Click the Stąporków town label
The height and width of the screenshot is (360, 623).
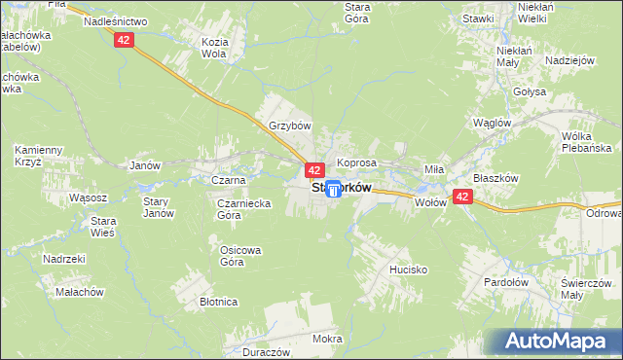(x=341, y=189)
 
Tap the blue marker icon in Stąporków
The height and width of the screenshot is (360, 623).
(x=334, y=189)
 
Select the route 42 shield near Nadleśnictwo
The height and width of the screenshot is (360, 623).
(x=123, y=39)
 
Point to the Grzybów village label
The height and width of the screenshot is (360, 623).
(x=289, y=126)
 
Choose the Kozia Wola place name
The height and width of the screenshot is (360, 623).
(x=214, y=48)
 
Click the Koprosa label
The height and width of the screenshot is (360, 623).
(x=355, y=162)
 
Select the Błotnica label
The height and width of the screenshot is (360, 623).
(x=219, y=302)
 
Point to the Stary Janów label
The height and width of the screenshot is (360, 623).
(x=158, y=207)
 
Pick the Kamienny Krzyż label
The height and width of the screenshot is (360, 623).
(x=39, y=156)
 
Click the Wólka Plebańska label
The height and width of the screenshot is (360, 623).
(x=585, y=141)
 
